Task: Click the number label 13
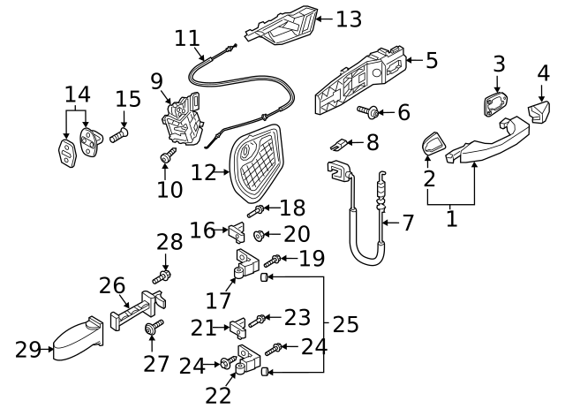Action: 349,18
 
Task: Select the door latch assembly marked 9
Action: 184,122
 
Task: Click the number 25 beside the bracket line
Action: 346,324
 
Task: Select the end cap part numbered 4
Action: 536,112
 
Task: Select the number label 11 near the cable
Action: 187,40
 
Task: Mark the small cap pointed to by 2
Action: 433,144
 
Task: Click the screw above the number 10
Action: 166,157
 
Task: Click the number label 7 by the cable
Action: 408,223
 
